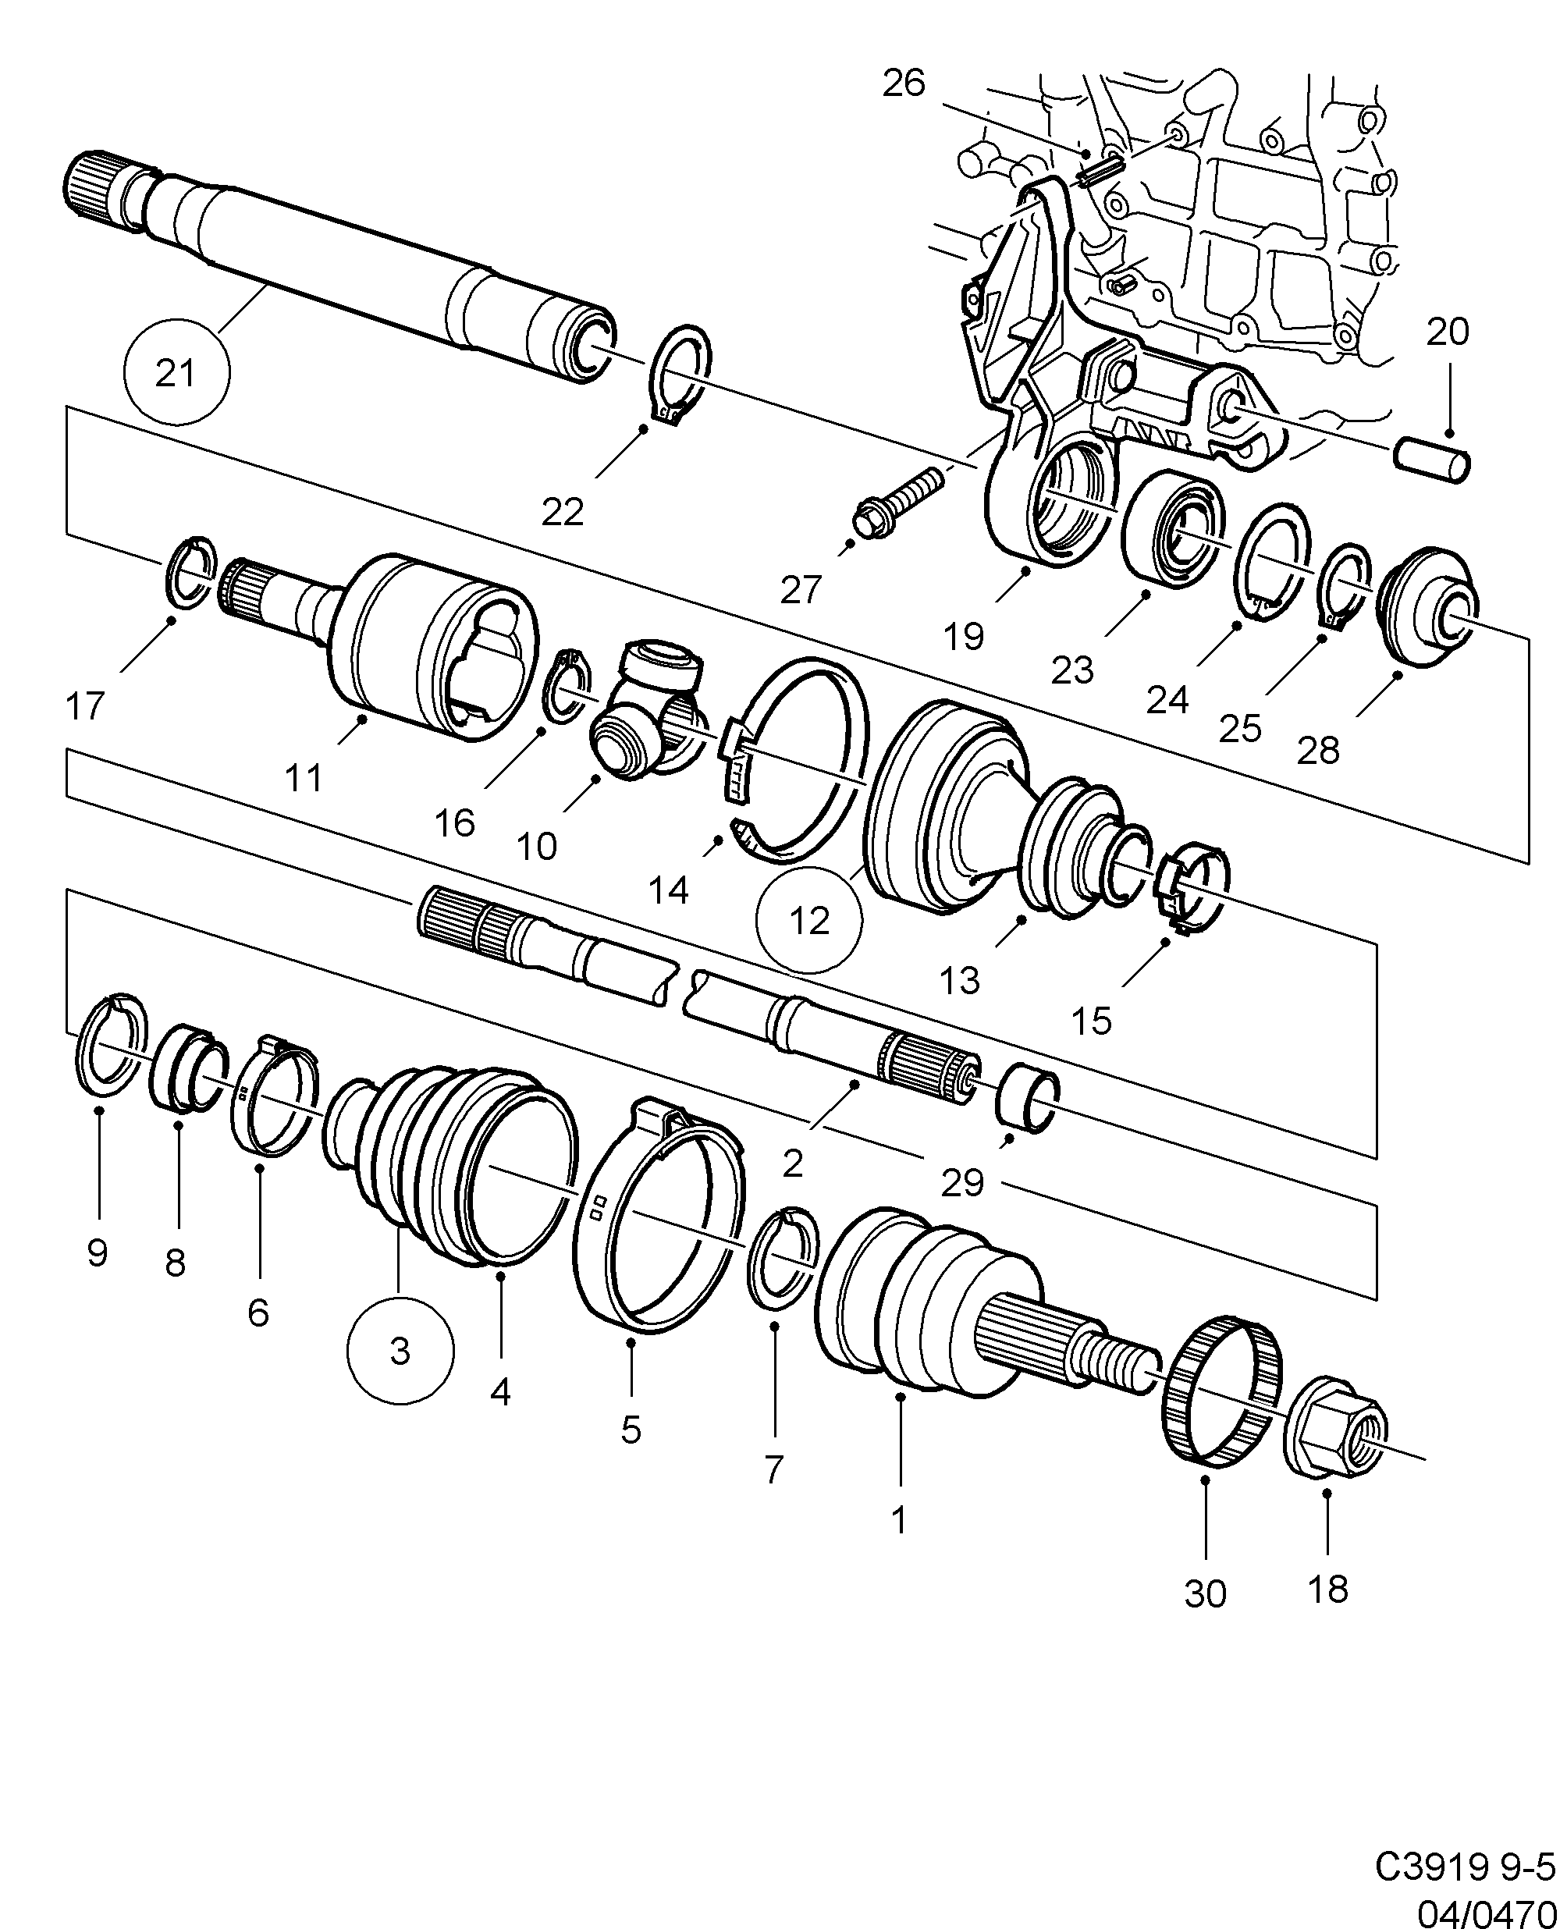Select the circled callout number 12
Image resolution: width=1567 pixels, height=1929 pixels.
coord(808,920)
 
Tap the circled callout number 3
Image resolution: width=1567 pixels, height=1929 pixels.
coord(400,1351)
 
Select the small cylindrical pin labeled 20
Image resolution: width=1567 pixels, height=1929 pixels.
coord(1434,459)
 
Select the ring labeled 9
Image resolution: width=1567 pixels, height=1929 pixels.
coord(109,1046)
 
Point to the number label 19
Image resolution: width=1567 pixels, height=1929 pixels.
coord(963,637)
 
